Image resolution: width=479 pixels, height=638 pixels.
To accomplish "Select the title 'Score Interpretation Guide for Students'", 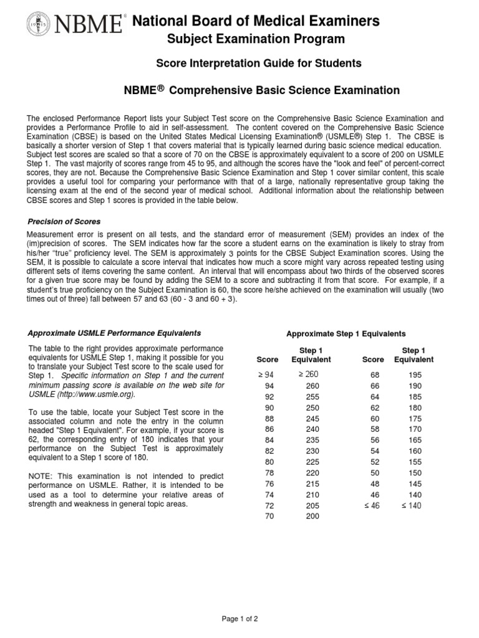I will pos(258,64).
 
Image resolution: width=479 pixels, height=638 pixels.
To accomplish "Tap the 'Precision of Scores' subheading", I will pos(65,221).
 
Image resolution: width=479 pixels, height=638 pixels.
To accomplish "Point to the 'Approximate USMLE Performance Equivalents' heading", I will pos(115,333).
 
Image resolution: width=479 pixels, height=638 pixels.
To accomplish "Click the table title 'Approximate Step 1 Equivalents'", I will pos(346,334).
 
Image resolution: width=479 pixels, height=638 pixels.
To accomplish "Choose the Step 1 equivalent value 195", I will pos(414,374).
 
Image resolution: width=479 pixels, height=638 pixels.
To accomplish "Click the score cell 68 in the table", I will pos(373,374).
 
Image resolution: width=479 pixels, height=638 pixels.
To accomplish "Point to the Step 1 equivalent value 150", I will pos(414,472).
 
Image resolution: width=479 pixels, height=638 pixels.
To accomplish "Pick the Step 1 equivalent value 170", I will pos(414,429).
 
